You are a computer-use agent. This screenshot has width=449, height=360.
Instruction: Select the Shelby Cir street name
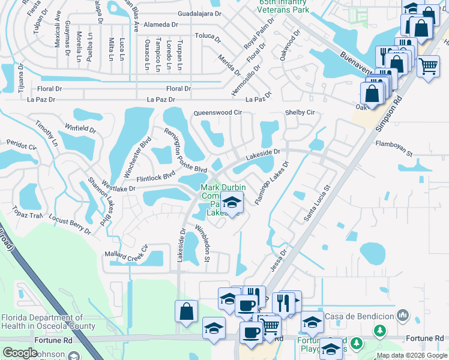pos(300,113)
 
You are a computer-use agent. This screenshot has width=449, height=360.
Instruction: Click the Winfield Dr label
pos(80,128)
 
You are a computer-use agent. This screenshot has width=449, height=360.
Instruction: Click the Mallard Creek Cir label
pos(126,254)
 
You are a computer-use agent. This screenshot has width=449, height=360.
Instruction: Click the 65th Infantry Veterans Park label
pos(285,7)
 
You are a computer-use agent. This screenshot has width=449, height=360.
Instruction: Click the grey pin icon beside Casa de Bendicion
pos(402,315)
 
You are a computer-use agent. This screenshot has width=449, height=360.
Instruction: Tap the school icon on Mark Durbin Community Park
pos(232,203)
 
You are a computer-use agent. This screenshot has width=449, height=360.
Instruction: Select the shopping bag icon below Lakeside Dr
pos(186,311)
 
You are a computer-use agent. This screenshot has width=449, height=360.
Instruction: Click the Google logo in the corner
pos(20,353)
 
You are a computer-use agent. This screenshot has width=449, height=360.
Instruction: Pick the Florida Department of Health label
pos(47,322)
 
